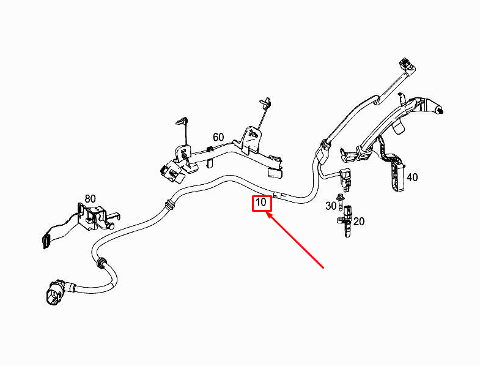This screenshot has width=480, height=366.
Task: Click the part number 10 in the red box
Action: [x=262, y=202]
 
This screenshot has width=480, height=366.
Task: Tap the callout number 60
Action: [x=218, y=136]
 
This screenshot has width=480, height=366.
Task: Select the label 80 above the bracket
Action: [x=90, y=198]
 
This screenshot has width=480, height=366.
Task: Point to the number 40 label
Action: [x=412, y=177]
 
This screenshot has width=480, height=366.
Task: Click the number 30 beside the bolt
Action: [x=331, y=206]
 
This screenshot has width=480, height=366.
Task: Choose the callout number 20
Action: [x=359, y=222]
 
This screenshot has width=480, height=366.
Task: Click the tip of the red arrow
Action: [x=267, y=214]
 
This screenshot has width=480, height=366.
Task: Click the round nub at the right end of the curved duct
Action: [x=439, y=110]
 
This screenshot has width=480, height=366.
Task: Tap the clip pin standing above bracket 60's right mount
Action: [x=265, y=105]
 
